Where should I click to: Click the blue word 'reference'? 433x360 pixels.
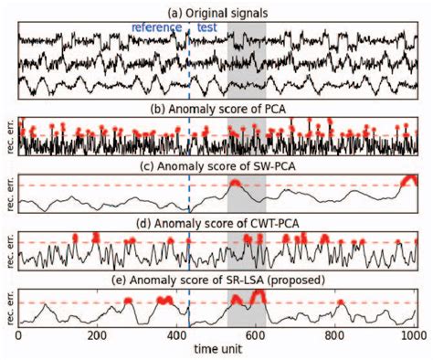pos(156,28)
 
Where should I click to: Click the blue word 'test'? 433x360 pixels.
pos(206,28)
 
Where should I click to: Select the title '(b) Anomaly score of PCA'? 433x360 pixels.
pos(217,109)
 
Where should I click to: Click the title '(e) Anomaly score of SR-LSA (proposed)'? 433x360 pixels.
pos(217,279)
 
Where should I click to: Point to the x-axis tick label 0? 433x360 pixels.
pos(19,336)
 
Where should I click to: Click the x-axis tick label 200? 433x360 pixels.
pos(99,336)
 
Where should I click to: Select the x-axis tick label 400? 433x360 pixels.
pos(178,336)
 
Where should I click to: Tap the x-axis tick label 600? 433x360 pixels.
pos(258,336)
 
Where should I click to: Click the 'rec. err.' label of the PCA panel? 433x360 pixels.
pos(8,137)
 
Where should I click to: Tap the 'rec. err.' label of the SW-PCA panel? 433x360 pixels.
pos(8,194)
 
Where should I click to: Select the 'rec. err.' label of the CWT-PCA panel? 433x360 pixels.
pos(8,249)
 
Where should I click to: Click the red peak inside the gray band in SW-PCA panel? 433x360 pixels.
pos(236,184)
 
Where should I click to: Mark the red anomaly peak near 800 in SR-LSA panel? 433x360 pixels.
pos(340,302)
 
